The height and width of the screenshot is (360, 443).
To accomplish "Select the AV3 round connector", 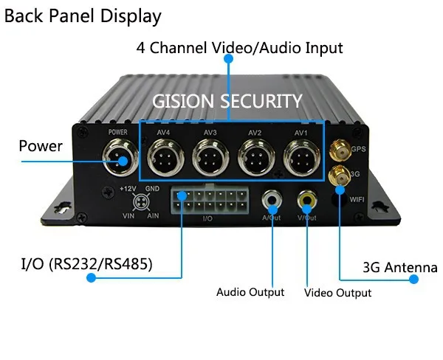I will pyautogui.click(x=210, y=156).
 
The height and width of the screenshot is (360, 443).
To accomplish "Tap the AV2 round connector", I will pyautogui.click(x=255, y=156).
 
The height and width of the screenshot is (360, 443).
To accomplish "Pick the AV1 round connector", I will pyautogui.click(x=301, y=156).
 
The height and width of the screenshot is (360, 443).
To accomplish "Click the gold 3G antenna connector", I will pyautogui.click(x=340, y=176).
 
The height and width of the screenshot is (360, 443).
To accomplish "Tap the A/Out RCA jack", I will pyautogui.click(x=272, y=199).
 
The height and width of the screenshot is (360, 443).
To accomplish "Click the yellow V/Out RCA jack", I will pyautogui.click(x=306, y=199).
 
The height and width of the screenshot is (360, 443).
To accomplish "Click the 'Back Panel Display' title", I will pyautogui.click(x=83, y=15).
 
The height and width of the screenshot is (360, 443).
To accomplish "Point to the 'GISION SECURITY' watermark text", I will pyautogui.click(x=227, y=101).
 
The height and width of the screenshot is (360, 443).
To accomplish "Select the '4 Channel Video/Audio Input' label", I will pyautogui.click(x=239, y=49).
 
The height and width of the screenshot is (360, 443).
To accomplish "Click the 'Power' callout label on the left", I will pyautogui.click(x=41, y=146).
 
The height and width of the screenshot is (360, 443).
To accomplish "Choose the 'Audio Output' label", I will pyautogui.click(x=250, y=292).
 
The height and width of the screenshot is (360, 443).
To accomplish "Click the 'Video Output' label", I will pyautogui.click(x=337, y=293).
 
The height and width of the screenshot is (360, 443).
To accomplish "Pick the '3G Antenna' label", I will pyautogui.click(x=399, y=268).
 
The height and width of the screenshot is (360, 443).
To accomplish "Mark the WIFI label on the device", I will pyautogui.click(x=356, y=198).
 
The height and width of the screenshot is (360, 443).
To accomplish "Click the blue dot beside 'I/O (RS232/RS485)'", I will pyautogui.click(x=92, y=278).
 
